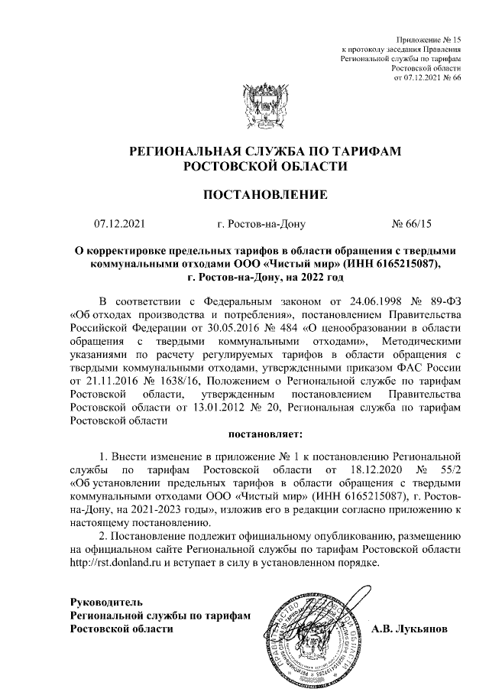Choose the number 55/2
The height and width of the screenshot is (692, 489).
click(448, 466)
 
